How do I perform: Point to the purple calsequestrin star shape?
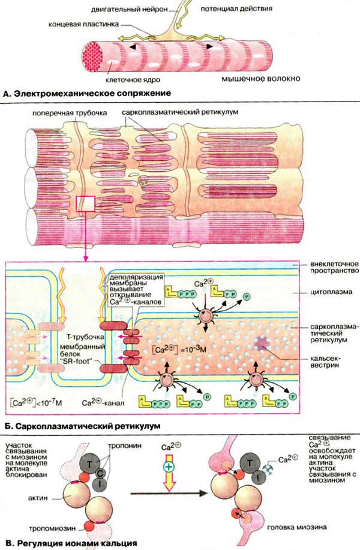(262, 344)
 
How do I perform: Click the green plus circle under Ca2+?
(170, 465)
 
